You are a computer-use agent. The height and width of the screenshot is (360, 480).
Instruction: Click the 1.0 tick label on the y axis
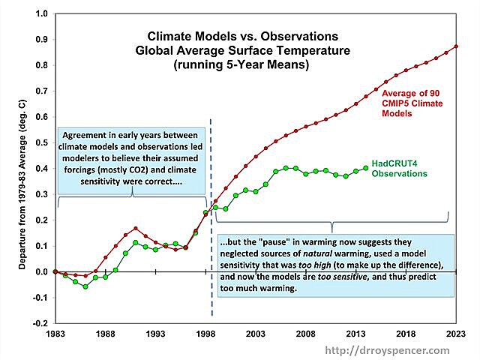pyautogui.click(x=41, y=14)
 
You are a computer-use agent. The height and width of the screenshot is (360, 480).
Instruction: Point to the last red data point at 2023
pyautogui.click(x=456, y=46)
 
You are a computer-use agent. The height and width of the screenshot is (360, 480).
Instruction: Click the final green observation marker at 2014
pyautogui.click(x=365, y=168)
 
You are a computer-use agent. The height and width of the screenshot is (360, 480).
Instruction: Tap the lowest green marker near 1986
pyautogui.click(x=85, y=286)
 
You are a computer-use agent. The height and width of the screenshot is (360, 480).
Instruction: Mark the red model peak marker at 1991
pyautogui.click(x=135, y=228)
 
